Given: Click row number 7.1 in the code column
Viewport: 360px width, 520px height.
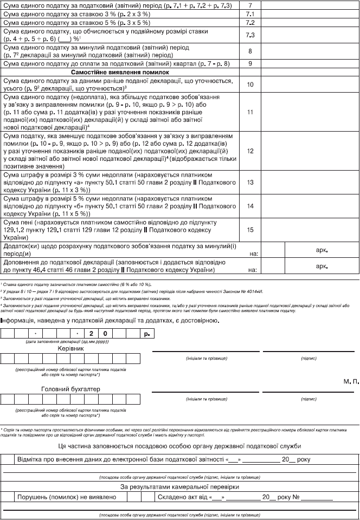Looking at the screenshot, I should [250, 13].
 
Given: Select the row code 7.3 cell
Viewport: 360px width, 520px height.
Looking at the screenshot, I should [250, 35].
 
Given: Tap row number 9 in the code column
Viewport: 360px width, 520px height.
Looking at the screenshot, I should [250, 63].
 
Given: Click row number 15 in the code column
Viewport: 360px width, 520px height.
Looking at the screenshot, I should [250, 230].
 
